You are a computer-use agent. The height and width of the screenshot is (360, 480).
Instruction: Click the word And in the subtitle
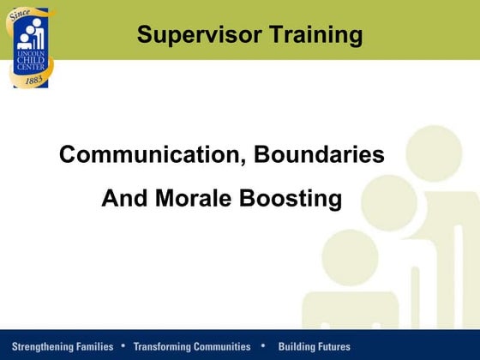point(121,199)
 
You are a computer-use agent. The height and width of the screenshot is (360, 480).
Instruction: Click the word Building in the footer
point(297,347)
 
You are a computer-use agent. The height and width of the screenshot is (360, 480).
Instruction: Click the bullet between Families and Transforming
point(123,346)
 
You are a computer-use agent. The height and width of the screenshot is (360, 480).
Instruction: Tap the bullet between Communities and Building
point(263,346)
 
